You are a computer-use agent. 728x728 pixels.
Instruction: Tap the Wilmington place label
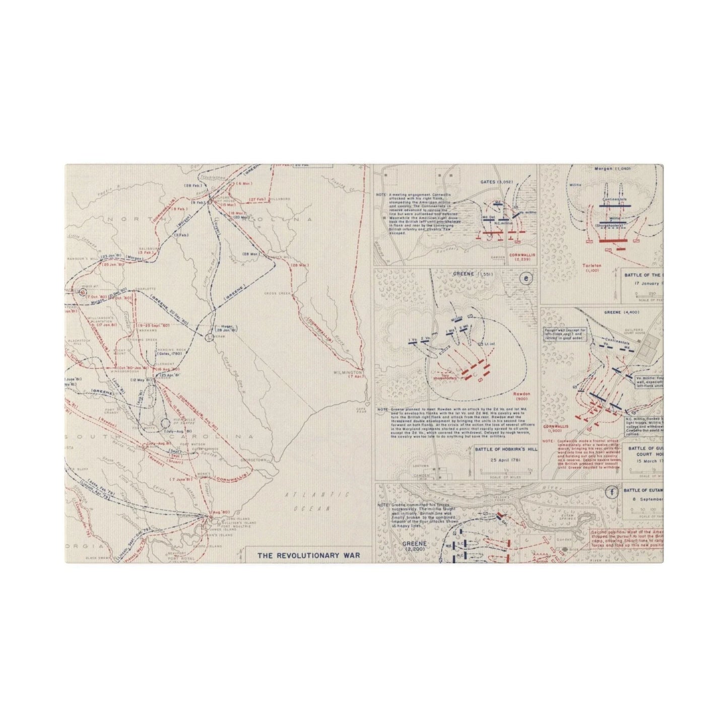tap(347, 373)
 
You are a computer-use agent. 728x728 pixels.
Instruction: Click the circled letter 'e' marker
tap(527, 278)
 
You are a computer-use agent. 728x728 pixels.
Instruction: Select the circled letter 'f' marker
tap(612, 493)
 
